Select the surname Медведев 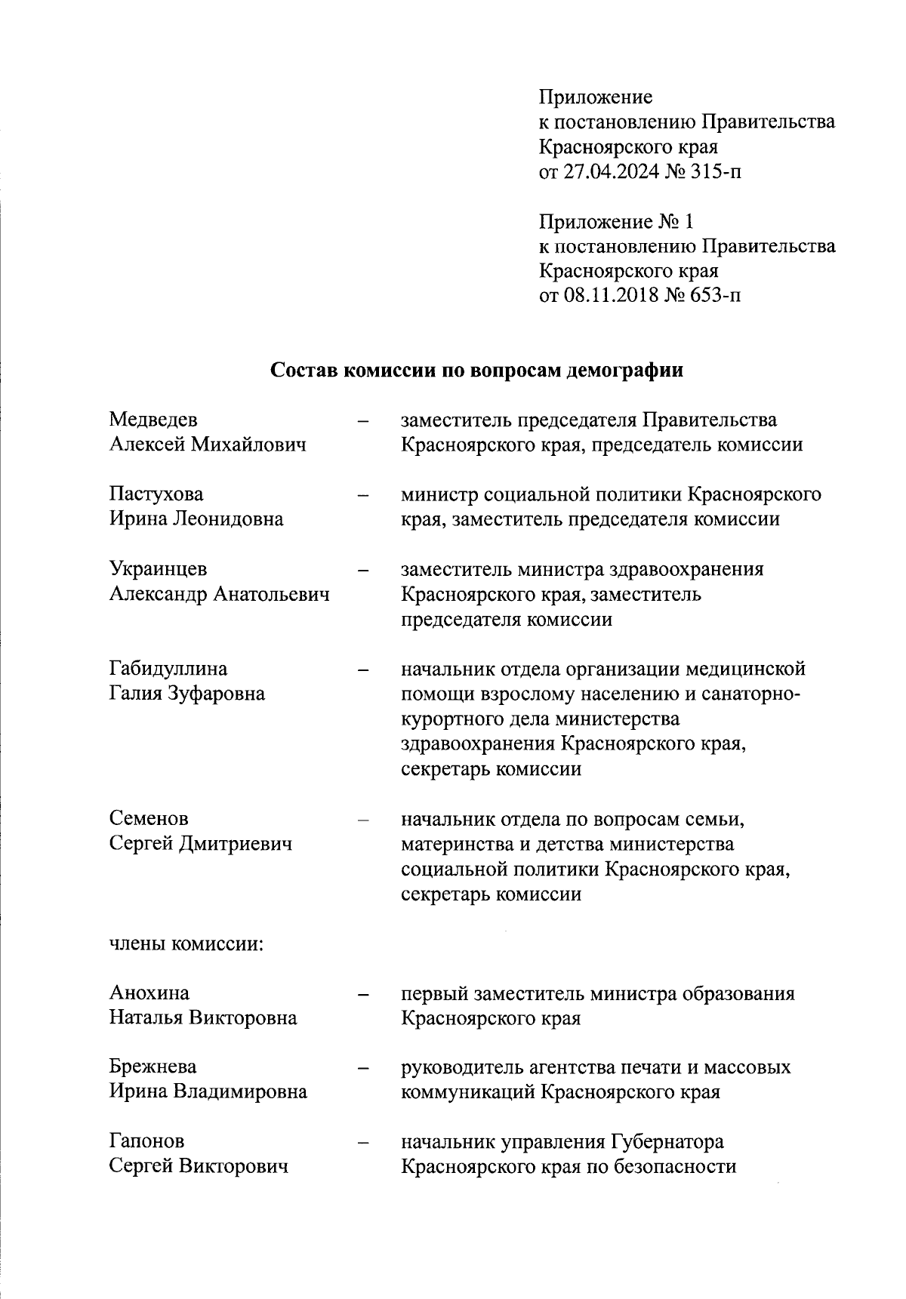[154, 420]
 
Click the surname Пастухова [156, 494]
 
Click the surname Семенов [149, 818]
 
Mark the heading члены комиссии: [186, 943]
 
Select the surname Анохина [149, 993]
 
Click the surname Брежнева [153, 1067]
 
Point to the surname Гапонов [146, 1141]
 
